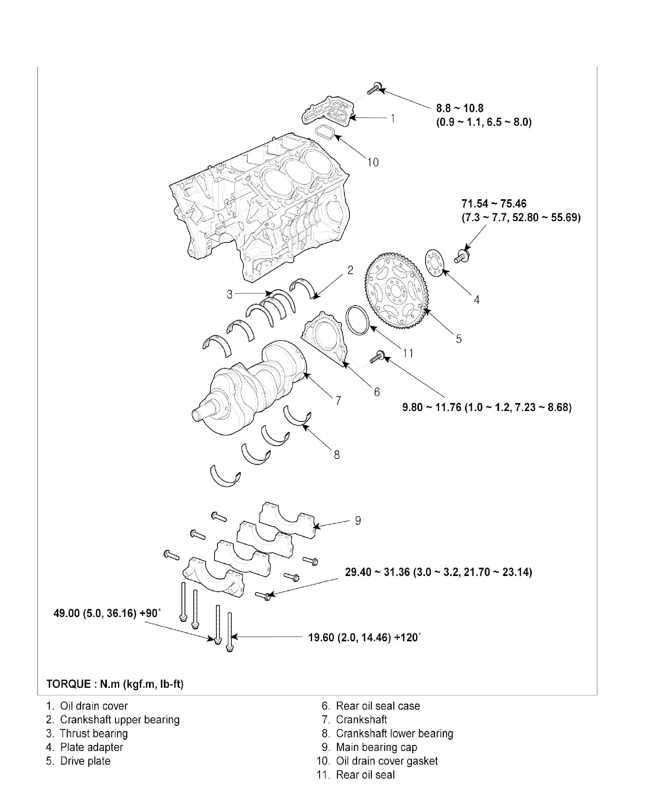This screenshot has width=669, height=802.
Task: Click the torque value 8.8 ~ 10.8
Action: tap(460, 108)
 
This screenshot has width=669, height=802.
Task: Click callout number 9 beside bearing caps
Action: tap(358, 520)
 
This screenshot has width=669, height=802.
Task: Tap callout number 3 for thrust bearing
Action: tap(229, 294)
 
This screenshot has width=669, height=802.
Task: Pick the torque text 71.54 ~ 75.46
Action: tap(494, 204)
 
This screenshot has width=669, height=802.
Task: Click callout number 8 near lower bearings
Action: tap(336, 454)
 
